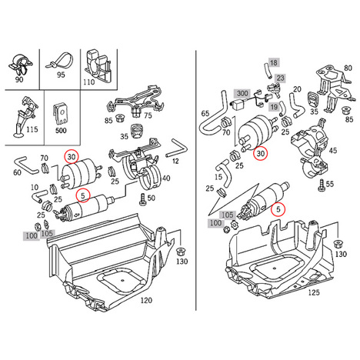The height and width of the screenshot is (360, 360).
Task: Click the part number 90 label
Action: (19, 79)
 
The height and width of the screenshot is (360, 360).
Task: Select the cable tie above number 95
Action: (59, 61)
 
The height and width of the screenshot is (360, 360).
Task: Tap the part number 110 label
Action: (88, 82)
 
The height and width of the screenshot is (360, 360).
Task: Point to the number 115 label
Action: (32, 129)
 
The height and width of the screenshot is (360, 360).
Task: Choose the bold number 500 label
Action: (61, 131)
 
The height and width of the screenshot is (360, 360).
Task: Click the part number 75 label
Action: (148, 115)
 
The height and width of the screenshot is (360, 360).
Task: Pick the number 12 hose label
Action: (175, 161)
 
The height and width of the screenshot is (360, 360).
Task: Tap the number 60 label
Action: (17, 172)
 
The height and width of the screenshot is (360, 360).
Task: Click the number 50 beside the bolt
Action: (152, 198)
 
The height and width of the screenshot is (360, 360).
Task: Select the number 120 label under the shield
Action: (146, 300)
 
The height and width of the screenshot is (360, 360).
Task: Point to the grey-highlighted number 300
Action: (242, 93)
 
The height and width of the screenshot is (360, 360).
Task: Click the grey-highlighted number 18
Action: (274, 62)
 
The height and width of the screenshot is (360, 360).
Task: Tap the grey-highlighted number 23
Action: (281, 78)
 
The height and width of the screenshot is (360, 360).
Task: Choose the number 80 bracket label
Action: (348, 68)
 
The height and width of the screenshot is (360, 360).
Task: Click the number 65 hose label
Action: (205, 113)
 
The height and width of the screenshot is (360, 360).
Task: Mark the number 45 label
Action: (333, 150)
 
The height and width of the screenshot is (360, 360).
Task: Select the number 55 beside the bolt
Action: (330, 184)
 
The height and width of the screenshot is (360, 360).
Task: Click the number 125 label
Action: (314, 292)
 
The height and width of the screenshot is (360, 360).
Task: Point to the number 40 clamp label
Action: (166, 178)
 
